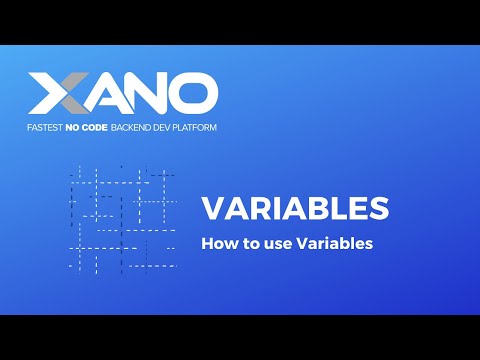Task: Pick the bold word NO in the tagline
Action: coord(74,128)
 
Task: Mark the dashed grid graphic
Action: coord(123,219)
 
